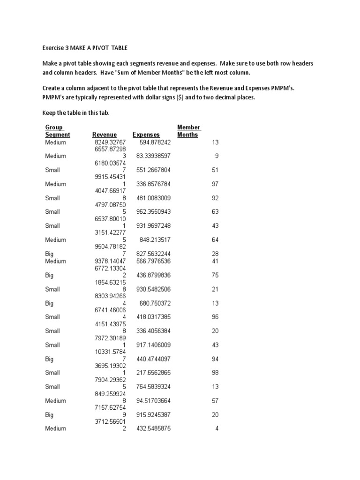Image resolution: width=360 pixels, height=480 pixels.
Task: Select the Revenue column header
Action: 105,135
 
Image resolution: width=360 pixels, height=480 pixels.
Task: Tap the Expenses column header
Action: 146,135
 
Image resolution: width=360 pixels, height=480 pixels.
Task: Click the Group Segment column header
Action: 57,131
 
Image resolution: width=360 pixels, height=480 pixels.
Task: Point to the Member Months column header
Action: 189,131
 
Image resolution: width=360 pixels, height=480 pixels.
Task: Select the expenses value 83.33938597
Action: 152,156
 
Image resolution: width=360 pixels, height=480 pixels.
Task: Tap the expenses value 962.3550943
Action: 152,212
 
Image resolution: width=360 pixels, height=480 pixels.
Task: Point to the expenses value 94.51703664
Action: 152,401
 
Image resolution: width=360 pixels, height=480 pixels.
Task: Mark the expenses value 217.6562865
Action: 152,373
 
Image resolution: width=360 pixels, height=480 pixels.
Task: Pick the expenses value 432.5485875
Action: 152,428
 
